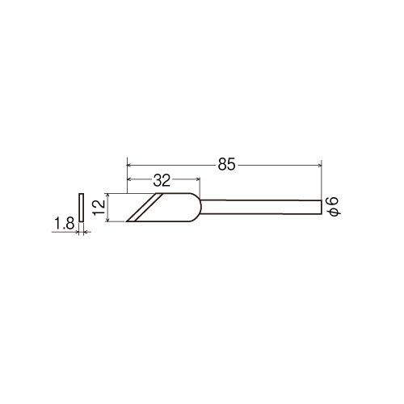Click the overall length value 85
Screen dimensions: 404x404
[226, 164]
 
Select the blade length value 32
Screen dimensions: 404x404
[162, 180]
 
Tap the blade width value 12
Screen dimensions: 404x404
[99, 207]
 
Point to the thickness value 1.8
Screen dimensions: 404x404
[64, 223]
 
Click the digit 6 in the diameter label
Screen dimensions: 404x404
[333, 201]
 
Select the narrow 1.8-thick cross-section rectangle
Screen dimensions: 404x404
[81, 208]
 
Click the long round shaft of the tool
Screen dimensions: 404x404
[261, 207]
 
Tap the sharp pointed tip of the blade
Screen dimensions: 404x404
[127, 221]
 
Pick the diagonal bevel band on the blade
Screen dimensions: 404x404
[145, 208]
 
